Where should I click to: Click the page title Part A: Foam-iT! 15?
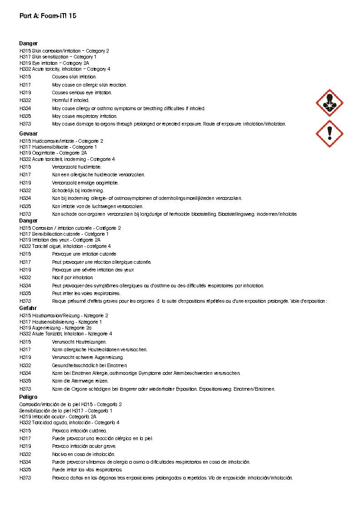pos(48,16)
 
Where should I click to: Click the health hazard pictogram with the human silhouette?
pos(329,103)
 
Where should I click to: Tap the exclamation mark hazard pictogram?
pos(329,134)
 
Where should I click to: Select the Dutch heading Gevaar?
pos(29,134)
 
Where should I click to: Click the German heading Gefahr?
pos(28,308)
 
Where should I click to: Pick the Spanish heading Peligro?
pos(29,397)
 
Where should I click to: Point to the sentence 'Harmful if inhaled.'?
pos(71,100)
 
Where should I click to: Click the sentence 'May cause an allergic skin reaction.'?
pos(89,85)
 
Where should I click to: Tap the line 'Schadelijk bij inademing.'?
pos(78,190)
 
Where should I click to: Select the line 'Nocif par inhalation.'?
pos(73,277)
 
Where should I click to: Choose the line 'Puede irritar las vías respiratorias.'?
pos(87,470)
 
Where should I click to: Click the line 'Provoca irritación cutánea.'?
pos(80,431)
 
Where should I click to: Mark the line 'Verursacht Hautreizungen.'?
pos(79,342)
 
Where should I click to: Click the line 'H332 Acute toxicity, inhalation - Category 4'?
pos(65,69)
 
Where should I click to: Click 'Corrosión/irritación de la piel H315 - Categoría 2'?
pos(70,404)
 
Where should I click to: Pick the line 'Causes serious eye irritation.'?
pos(82,92)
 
